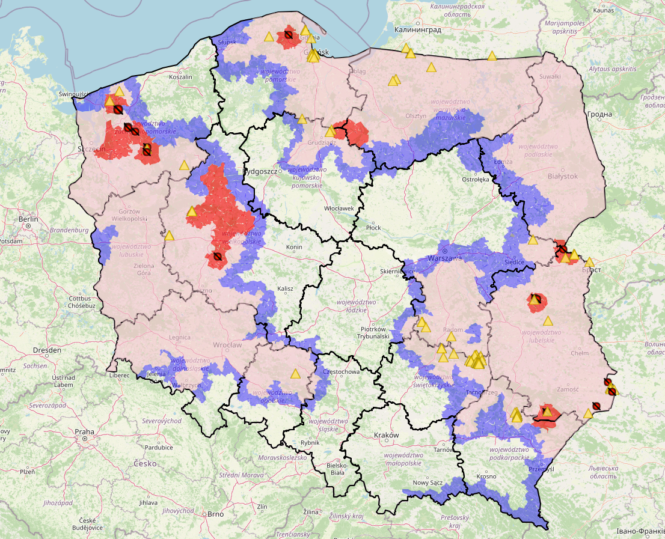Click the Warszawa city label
[444, 258]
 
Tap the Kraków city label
[386, 435]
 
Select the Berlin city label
[28, 220]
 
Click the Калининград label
[417, 29]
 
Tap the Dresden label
[47, 350]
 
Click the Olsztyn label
[416, 116]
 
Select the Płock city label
[373, 228]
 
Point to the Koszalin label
[180, 77]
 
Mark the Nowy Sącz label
[427, 483]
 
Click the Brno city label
[215, 514]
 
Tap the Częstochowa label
[341, 372]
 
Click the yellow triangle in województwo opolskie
[295, 374]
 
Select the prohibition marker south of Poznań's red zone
[217, 257]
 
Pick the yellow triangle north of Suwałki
[492, 56]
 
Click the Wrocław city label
[227, 345]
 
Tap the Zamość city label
[568, 389]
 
